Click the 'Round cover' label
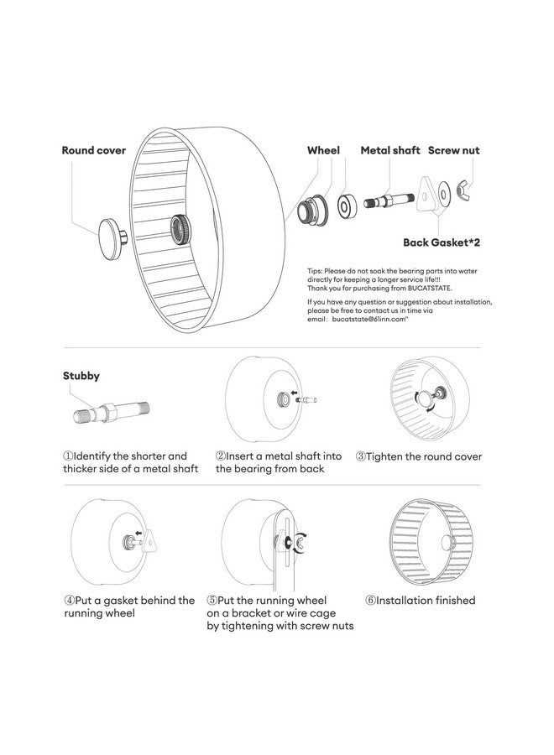coord(94,151)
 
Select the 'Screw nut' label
coord(454,151)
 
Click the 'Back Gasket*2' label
coord(441,242)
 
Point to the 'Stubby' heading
coord(81,376)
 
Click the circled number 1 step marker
coord(68,456)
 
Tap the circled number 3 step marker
coord(361,457)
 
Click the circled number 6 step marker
coord(370,601)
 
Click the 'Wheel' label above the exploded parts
coord(323,151)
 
